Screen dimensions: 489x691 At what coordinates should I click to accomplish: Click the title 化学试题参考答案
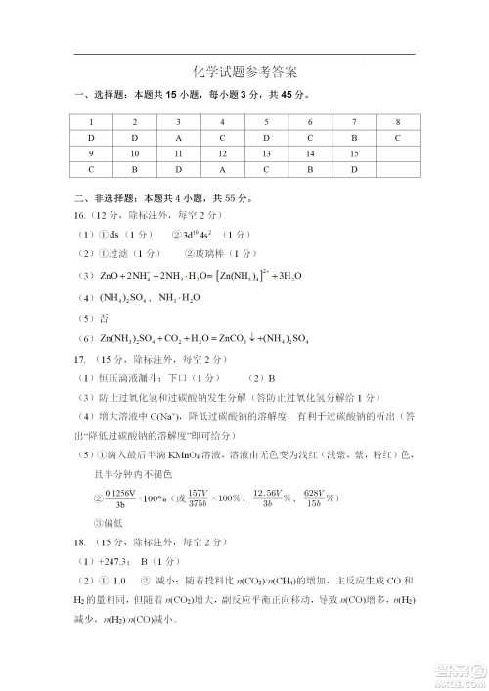(244, 72)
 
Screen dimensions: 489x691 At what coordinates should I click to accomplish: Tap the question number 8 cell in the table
(397, 121)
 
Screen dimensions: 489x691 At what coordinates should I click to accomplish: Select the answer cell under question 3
(178, 138)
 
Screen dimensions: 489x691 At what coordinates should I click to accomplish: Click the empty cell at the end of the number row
(397, 153)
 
